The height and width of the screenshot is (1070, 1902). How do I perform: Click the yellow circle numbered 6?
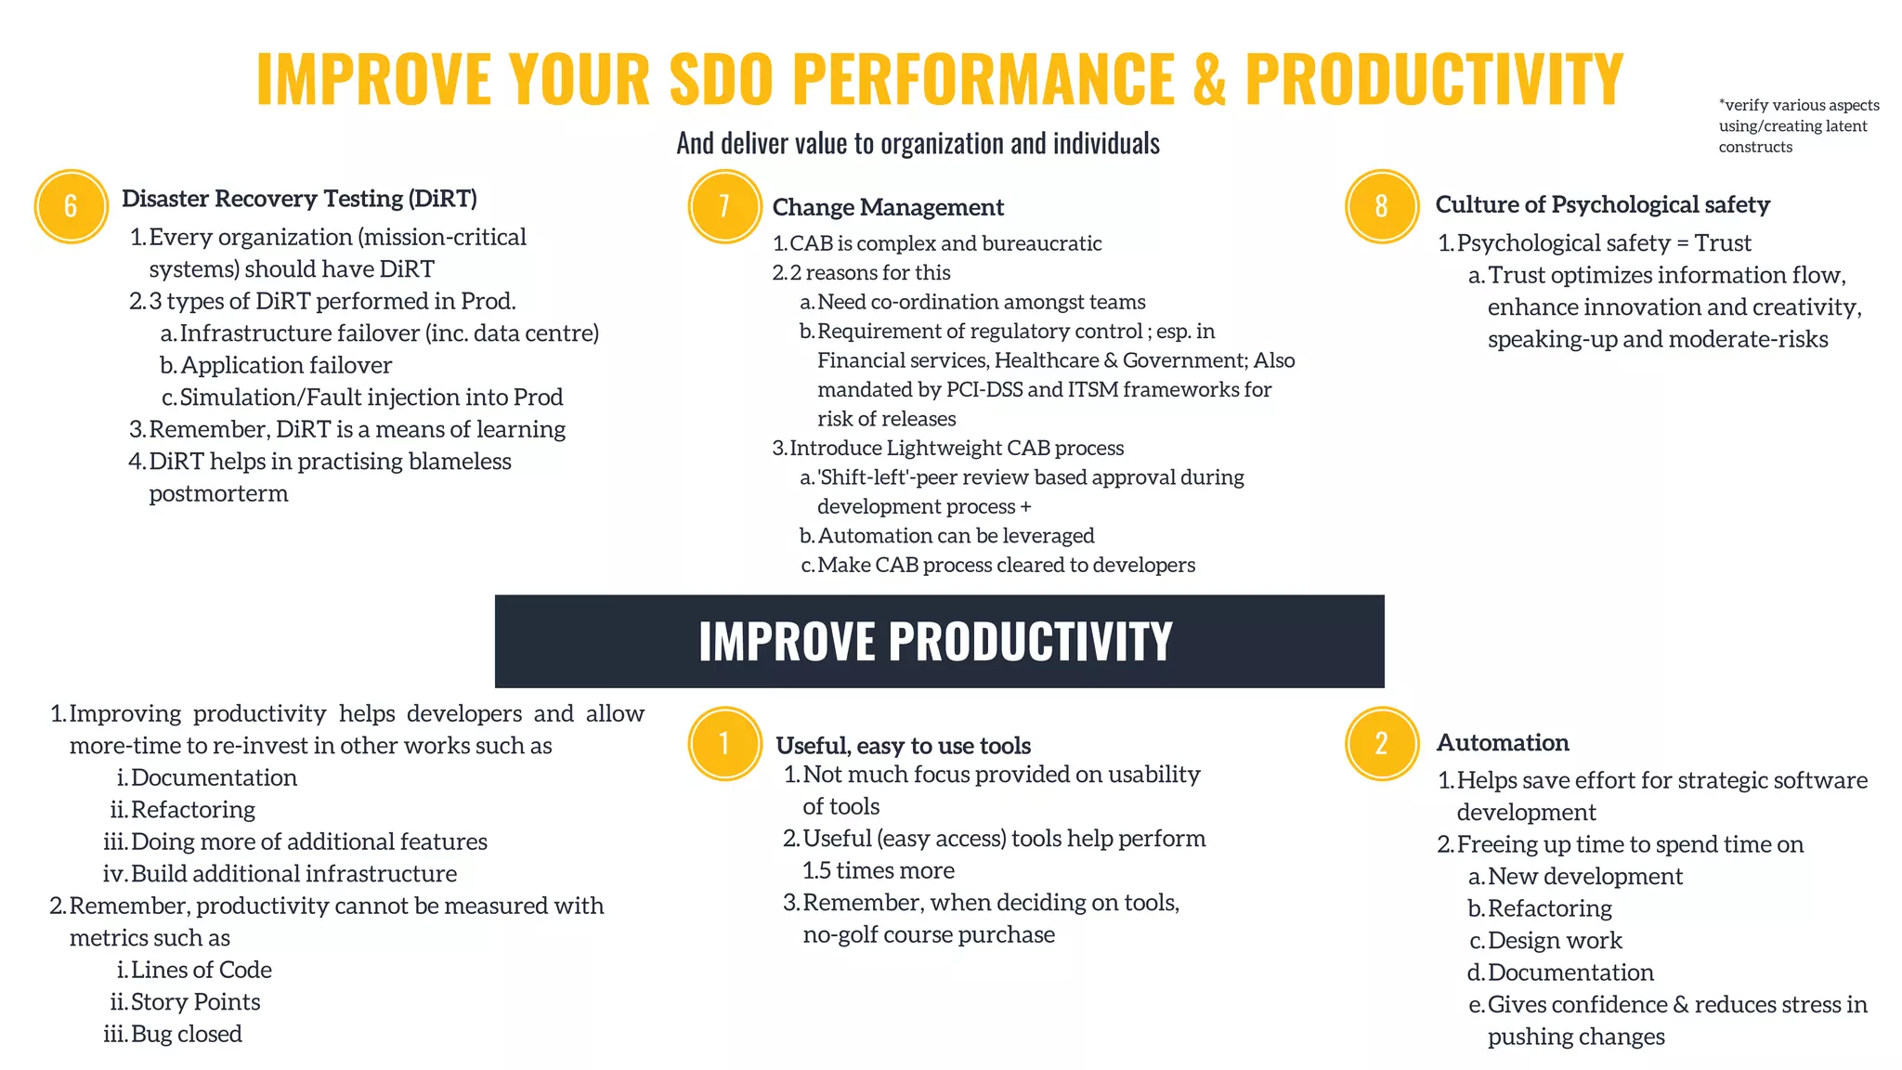(72, 206)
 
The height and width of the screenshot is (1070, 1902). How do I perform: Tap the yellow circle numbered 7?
(724, 206)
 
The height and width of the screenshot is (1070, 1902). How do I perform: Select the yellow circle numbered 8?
(1381, 206)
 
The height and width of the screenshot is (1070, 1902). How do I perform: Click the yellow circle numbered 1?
(724, 743)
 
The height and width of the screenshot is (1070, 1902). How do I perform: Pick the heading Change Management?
(888, 207)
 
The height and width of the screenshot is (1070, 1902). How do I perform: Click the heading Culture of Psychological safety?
(1602, 204)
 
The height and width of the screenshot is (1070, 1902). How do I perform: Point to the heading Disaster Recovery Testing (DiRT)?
(299, 199)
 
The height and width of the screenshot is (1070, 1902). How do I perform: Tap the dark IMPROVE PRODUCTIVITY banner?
(939, 641)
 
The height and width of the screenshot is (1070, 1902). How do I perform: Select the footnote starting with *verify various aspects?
(1798, 125)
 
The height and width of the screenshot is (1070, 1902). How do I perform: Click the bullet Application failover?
(286, 365)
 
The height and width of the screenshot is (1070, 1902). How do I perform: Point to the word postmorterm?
(218, 493)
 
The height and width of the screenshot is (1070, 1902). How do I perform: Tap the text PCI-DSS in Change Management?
(984, 389)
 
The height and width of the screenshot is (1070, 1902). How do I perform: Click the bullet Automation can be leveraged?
(956, 536)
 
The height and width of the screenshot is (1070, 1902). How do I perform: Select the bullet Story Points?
(195, 1002)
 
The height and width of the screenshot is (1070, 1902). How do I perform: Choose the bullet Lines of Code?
(201, 970)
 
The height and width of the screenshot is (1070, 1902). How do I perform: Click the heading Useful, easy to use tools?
(903, 746)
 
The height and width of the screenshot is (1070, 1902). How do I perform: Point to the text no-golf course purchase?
(929, 934)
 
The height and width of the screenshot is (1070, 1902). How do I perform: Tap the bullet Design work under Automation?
(1555, 941)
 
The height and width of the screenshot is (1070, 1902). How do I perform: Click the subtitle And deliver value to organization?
(918, 143)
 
